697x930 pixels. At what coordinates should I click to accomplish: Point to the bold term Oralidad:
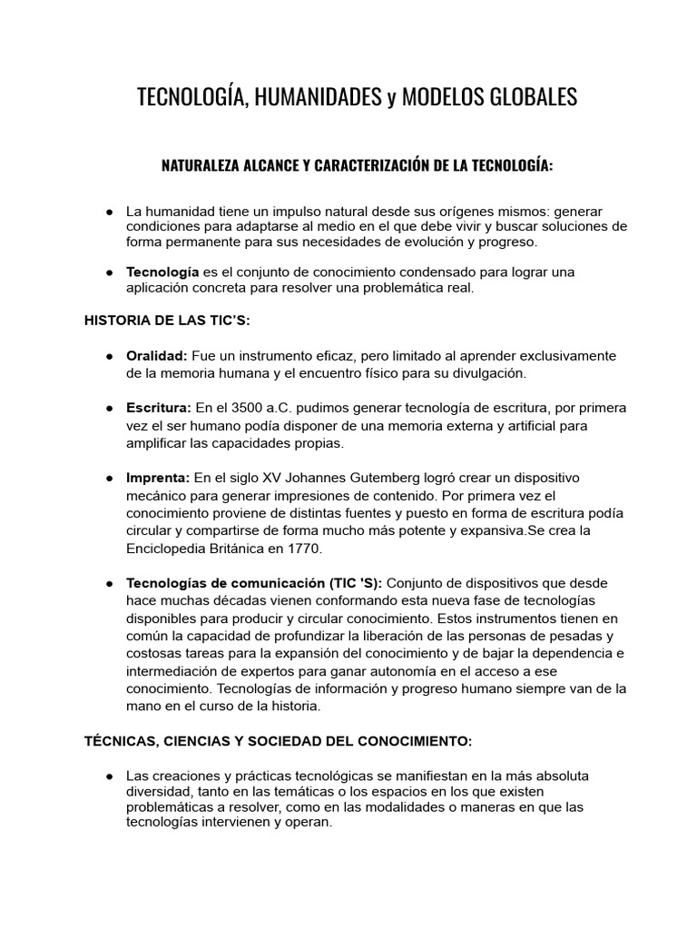pos(157,355)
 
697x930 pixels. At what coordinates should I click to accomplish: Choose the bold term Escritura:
pos(159,408)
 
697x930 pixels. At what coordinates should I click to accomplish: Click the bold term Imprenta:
pos(158,478)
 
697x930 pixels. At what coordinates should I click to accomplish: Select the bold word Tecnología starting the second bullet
pos(162,272)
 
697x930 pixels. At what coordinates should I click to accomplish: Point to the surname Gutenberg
pos(366,478)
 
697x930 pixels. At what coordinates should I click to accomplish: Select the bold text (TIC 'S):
pos(348,583)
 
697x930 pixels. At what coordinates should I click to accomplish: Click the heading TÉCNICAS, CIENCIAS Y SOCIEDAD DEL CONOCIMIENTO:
pos(278,741)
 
